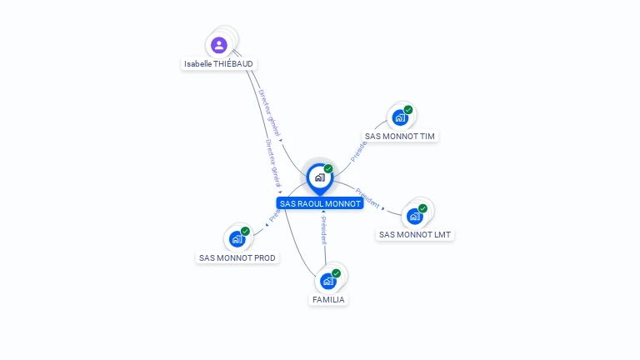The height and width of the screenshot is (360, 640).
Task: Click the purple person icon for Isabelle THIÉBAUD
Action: click(x=218, y=45)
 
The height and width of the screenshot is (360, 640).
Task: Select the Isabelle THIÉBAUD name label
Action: click(x=219, y=63)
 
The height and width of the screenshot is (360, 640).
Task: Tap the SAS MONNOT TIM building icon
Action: click(x=400, y=118)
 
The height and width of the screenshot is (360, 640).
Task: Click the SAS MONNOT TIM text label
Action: click(x=400, y=136)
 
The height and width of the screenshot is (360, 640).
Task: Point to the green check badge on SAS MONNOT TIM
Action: click(x=408, y=110)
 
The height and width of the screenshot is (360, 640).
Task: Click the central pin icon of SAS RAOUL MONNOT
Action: click(x=319, y=177)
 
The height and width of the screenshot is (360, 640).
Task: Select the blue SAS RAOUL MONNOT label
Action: click(x=320, y=203)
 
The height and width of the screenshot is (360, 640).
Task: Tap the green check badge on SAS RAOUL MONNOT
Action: click(x=328, y=169)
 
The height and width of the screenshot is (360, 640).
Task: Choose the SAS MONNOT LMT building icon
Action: click(x=414, y=217)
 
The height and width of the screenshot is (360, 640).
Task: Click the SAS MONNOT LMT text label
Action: click(x=415, y=234)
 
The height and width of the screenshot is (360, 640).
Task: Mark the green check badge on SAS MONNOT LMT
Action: click(x=422, y=208)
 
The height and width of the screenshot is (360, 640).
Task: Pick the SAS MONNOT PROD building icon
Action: click(x=237, y=239)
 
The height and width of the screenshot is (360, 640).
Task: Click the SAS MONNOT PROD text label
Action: click(x=237, y=257)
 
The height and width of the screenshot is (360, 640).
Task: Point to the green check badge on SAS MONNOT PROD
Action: click(x=245, y=231)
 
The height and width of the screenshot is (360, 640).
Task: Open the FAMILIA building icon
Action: click(x=327, y=281)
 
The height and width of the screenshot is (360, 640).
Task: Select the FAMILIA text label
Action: click(x=328, y=299)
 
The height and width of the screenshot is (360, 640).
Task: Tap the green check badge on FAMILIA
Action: click(x=336, y=273)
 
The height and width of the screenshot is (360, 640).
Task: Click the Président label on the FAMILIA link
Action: click(x=323, y=230)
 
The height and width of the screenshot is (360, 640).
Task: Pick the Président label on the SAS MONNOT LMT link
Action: click(x=367, y=202)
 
